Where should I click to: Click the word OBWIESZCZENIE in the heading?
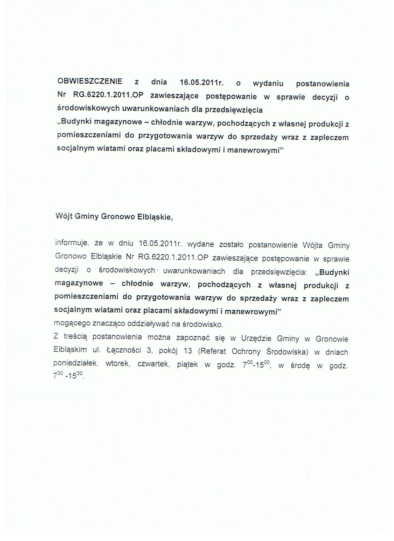[x=90, y=81]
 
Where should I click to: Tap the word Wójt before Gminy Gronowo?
[x=64, y=216]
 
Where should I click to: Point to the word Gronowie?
[x=332, y=339]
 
